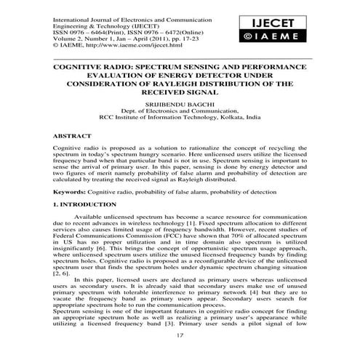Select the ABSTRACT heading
[x=73, y=136]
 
